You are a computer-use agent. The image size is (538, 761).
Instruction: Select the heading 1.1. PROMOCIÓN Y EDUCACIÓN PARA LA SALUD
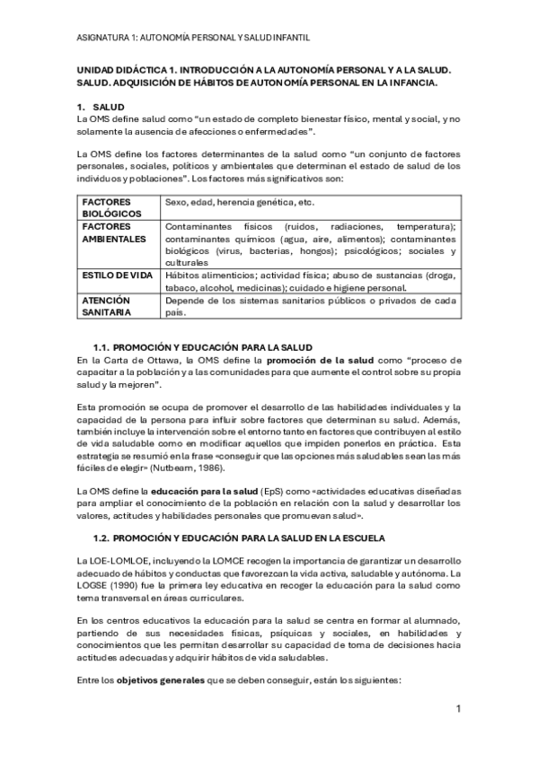tap(203, 347)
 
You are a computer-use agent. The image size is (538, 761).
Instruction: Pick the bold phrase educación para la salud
tap(187, 491)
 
